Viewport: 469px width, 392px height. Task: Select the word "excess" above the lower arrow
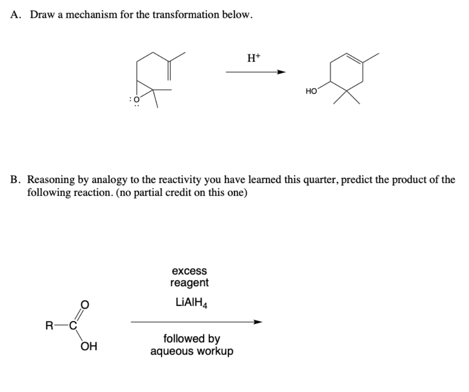click(189, 271)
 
